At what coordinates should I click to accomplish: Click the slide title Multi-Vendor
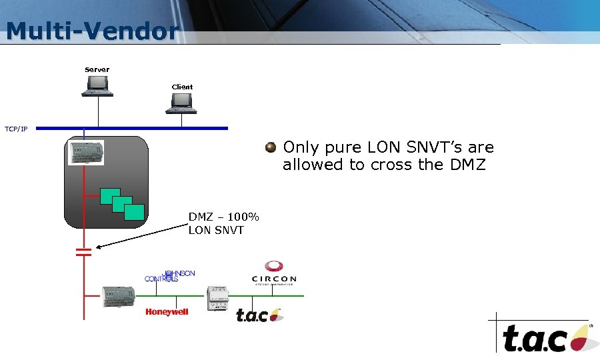(x=92, y=31)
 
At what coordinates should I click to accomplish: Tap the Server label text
(x=97, y=69)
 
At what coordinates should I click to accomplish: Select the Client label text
(x=182, y=87)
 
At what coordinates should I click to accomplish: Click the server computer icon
(x=97, y=85)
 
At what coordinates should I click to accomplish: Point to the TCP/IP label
(x=16, y=129)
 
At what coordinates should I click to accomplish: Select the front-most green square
(x=134, y=211)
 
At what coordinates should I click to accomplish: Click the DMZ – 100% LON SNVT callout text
(x=223, y=224)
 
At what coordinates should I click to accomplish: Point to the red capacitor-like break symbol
(x=83, y=252)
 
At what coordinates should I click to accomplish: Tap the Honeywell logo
(x=167, y=312)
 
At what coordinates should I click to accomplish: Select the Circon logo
(x=273, y=274)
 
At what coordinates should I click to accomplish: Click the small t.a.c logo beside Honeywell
(x=259, y=314)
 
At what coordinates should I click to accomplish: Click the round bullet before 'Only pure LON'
(x=270, y=147)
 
